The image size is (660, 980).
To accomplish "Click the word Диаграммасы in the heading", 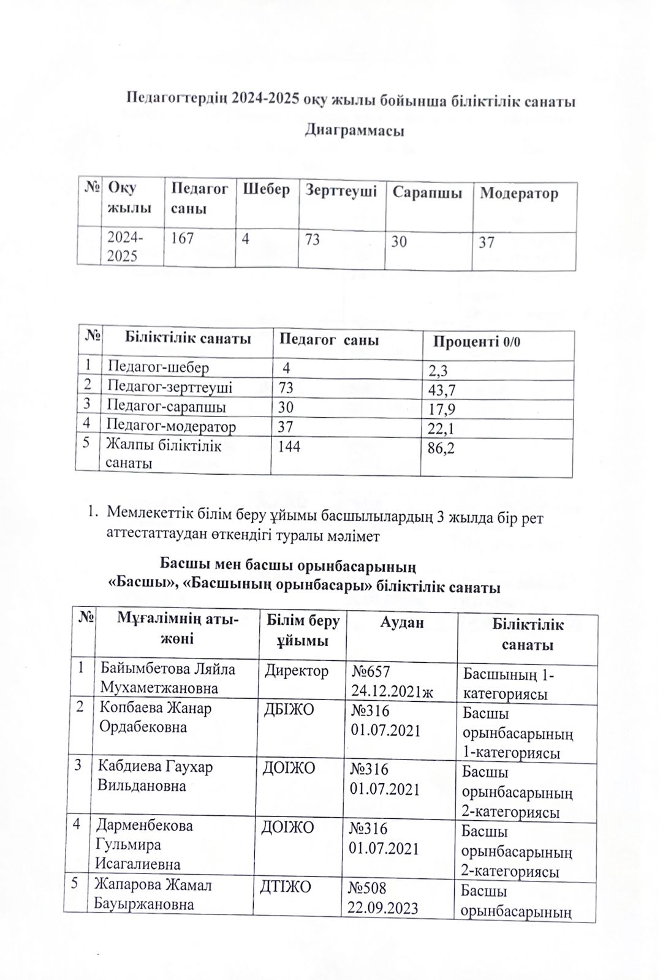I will coord(354,130).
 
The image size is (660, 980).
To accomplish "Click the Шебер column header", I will coord(267,189).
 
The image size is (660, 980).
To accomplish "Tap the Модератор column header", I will coord(518,194).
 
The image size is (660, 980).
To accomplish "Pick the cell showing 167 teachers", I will coord(182,238).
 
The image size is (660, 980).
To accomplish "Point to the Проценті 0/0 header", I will coord(476,341).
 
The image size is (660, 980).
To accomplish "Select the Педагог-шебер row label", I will coord(157,367).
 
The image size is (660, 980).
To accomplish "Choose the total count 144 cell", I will coord(289,447).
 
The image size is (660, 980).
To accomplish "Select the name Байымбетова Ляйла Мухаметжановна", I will coord(167,678).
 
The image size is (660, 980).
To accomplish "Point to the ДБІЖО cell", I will coord(289,709).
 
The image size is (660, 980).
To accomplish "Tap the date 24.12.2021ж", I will coord(392,692).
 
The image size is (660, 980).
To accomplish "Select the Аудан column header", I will coord(401,623).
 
